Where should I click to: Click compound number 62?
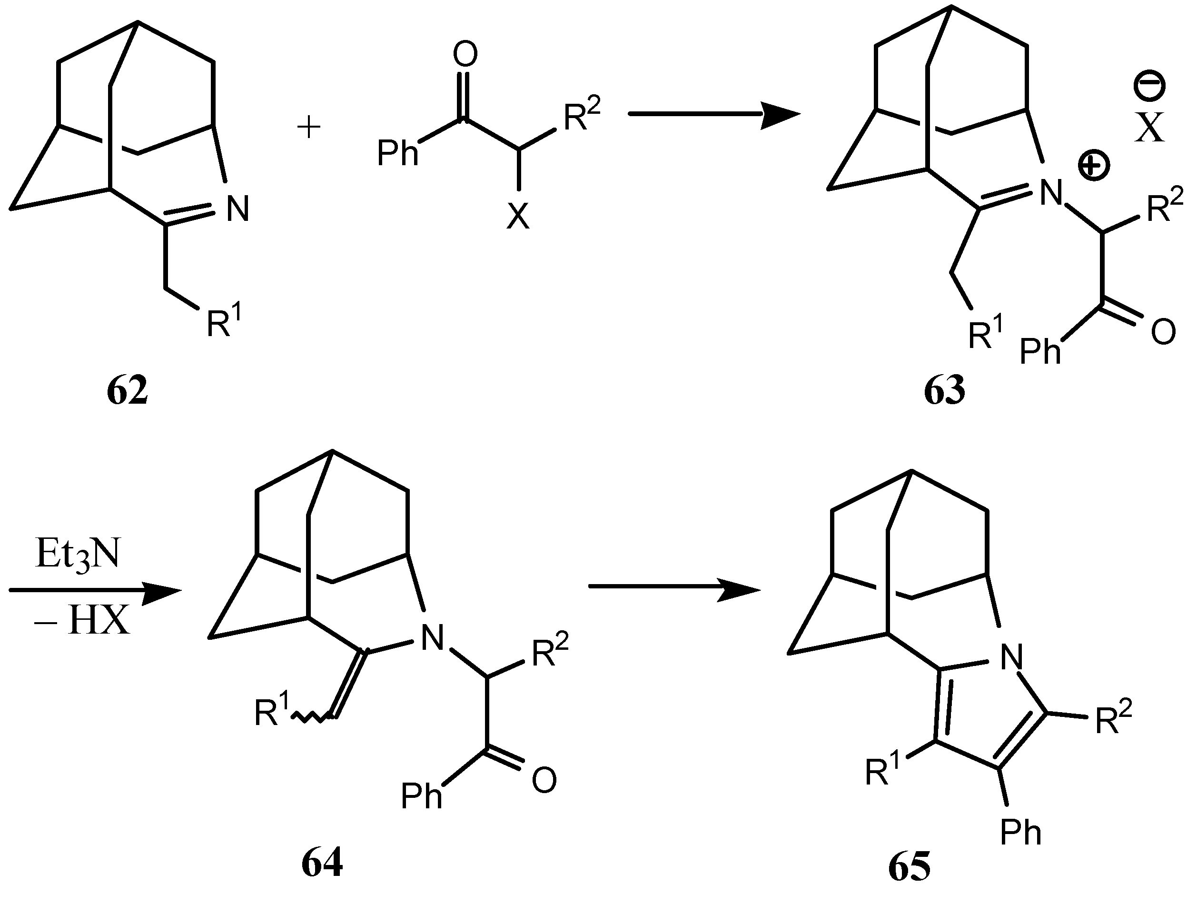pos(127,391)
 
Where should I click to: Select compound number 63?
pos(944,391)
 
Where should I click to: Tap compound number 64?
pos(322,864)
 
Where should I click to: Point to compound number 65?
pos(910,868)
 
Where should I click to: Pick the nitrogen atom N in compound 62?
pos(237,209)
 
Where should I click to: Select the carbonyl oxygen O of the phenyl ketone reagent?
pos(465,54)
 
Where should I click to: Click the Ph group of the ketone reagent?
pos(398,153)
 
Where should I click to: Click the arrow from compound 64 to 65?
pos(674,587)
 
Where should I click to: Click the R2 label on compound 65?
pos(1114,719)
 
